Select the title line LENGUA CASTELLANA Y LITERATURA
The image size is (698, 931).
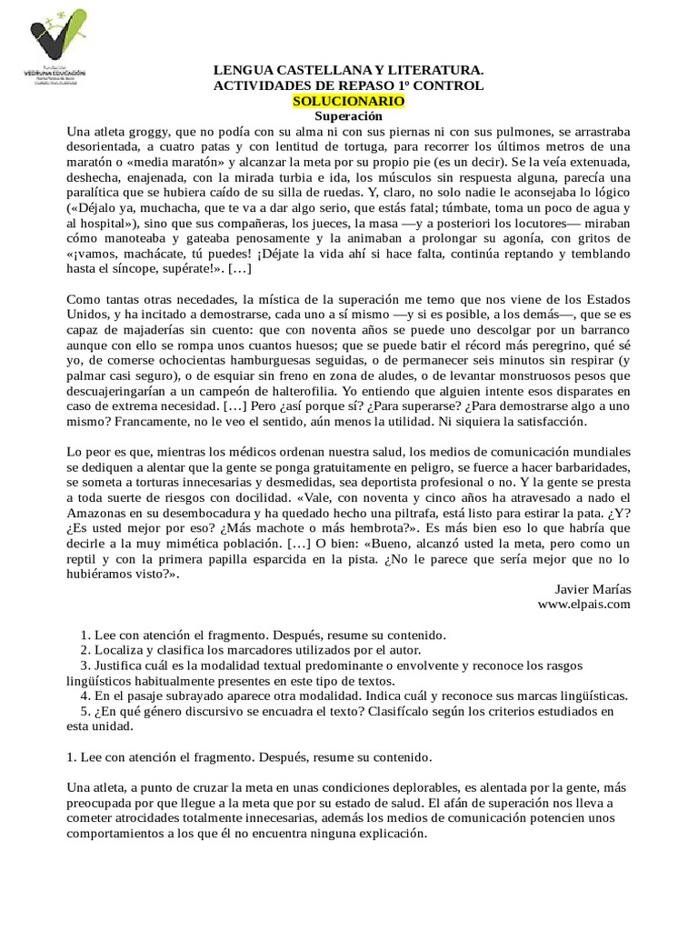[348, 69]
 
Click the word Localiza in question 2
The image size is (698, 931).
[118, 650]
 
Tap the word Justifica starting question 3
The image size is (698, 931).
[119, 666]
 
